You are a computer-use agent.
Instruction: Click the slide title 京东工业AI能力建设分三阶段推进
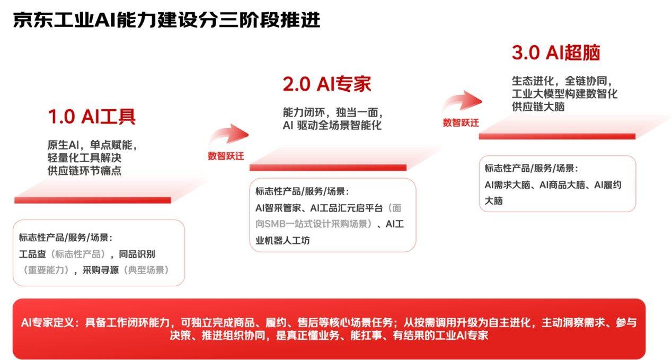[x=166, y=21]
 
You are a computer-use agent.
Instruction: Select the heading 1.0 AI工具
[x=92, y=117]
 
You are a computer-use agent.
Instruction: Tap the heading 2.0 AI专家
[x=326, y=84]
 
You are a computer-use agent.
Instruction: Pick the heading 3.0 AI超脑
[x=555, y=53]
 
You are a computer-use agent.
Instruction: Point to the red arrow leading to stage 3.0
[x=463, y=101]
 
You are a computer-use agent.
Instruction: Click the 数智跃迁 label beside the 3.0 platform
[x=461, y=123]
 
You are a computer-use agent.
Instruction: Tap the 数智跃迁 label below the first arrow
[x=226, y=156]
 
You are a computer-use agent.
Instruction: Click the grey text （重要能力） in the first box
[x=47, y=270]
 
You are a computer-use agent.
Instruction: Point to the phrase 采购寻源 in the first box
[x=100, y=270]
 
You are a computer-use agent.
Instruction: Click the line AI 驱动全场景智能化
[x=332, y=126]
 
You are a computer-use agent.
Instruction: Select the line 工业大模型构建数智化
[x=564, y=94]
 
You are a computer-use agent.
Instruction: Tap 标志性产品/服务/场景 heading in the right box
[x=530, y=169]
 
